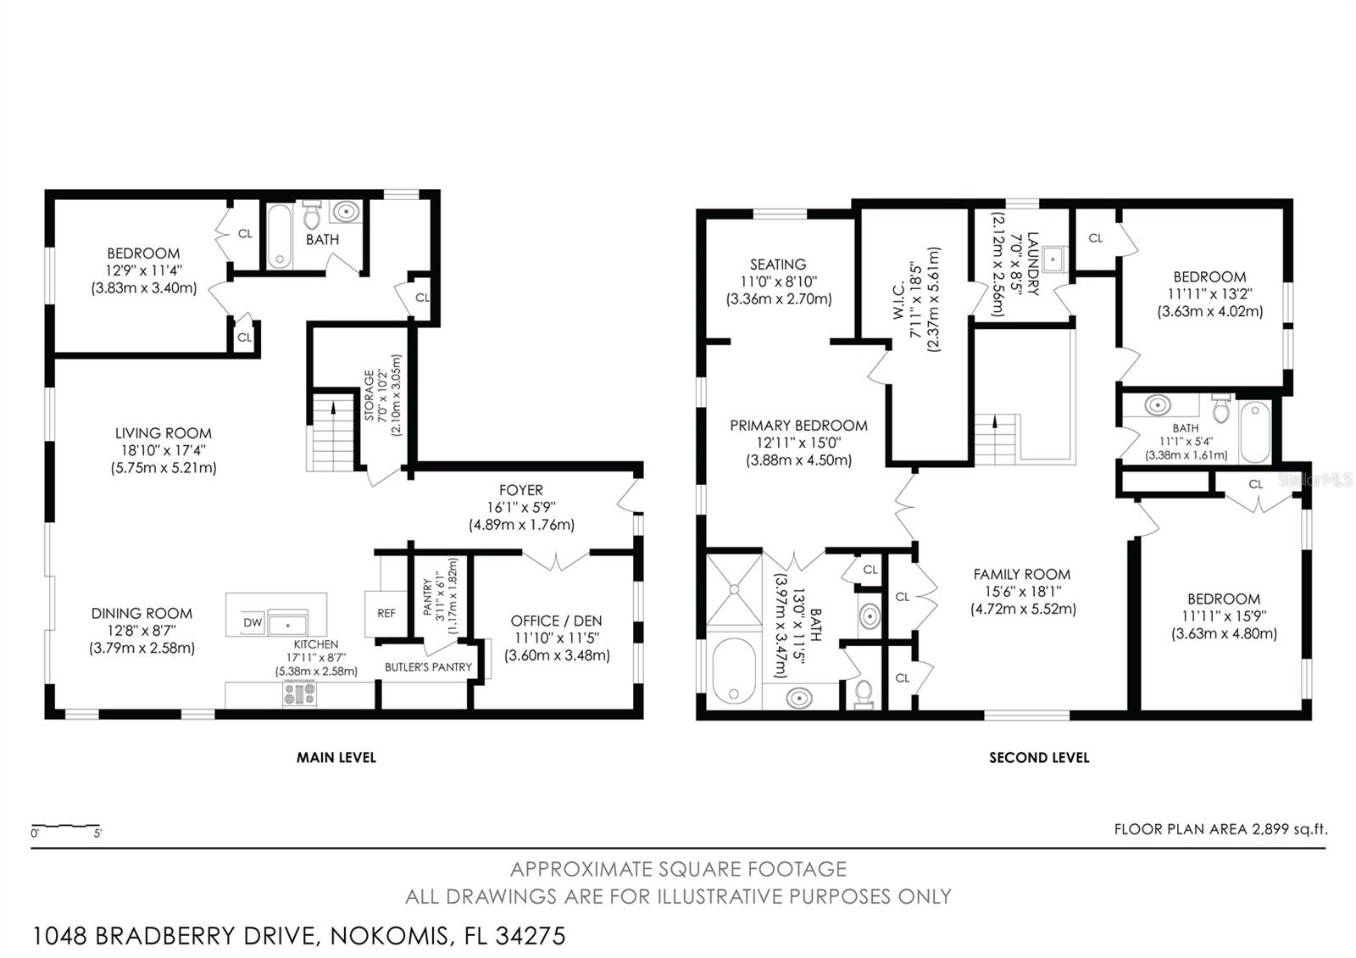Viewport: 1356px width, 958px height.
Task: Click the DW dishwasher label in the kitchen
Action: pos(253,622)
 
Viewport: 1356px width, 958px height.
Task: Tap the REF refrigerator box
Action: pos(386,614)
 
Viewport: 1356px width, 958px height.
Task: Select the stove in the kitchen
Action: pos(300,693)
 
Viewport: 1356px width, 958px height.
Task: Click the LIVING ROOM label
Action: pos(164,433)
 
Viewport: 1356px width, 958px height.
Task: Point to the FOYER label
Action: pos(520,490)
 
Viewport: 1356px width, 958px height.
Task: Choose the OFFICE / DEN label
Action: pos(556,621)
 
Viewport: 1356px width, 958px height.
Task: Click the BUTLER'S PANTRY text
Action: pos(428,666)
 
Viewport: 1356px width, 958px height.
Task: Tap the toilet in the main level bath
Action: pos(312,215)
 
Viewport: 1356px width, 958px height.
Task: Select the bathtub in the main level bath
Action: pos(279,237)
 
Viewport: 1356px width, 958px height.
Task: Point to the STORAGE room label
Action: pos(369,395)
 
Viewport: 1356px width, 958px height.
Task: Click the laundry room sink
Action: pos(1054,259)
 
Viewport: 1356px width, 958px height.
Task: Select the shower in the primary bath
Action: pos(734,589)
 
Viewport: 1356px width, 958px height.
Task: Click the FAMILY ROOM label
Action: pos(1022,574)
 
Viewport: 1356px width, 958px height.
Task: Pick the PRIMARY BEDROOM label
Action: pos(798,426)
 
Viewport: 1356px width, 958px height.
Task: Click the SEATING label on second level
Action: pos(778,265)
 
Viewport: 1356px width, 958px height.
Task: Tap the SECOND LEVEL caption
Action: pos(1039,758)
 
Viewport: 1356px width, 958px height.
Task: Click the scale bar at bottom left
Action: pos(65,826)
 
